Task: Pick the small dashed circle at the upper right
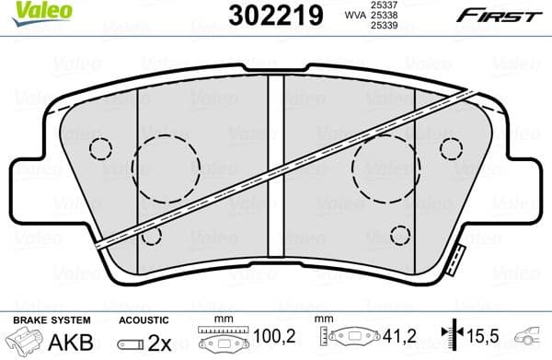pos(451,148)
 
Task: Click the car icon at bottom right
pos(534,340)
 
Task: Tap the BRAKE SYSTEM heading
pos(51,319)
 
